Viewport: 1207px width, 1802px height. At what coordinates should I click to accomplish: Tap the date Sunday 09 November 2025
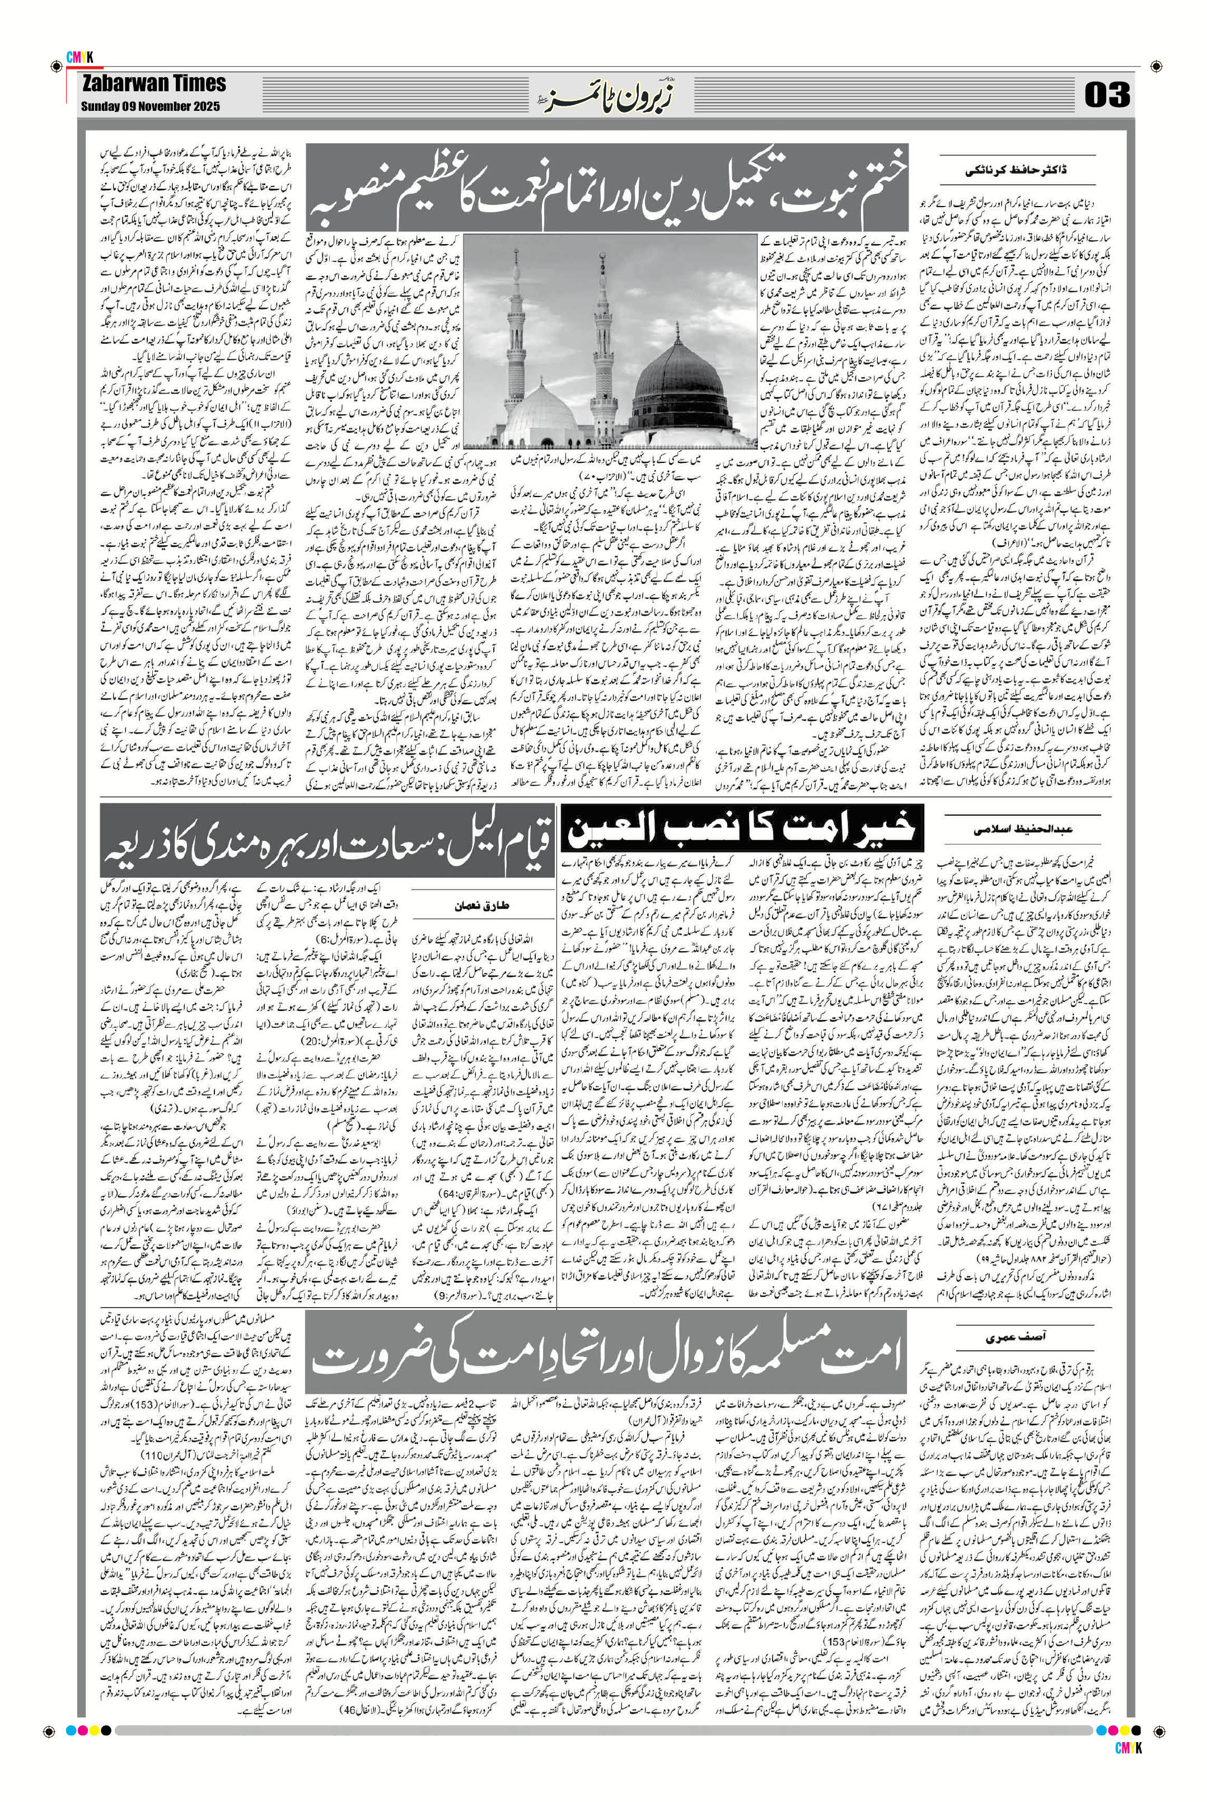149,106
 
